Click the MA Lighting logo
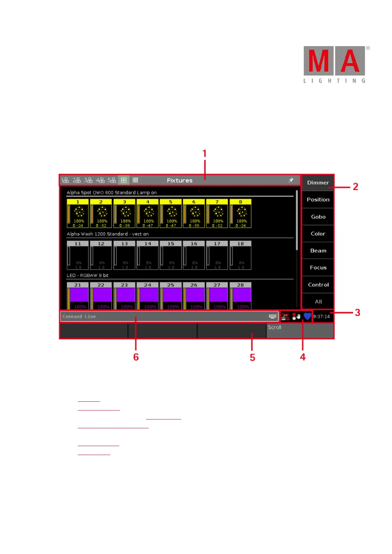(x=334, y=64)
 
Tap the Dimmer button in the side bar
(x=318, y=183)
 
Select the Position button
(x=318, y=200)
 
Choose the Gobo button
(x=318, y=217)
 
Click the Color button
(x=318, y=234)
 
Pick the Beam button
(x=318, y=251)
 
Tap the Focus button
(x=318, y=268)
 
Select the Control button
(x=318, y=285)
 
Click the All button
(x=318, y=302)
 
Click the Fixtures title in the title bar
(x=180, y=180)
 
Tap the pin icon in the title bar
(x=291, y=180)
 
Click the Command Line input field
(x=165, y=316)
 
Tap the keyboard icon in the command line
(x=273, y=316)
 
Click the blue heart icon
(x=307, y=316)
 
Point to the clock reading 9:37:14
(x=322, y=316)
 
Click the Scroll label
(x=274, y=328)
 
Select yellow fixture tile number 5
(x=171, y=213)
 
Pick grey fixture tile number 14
(x=148, y=255)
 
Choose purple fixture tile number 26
(x=194, y=295)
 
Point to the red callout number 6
(x=136, y=357)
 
